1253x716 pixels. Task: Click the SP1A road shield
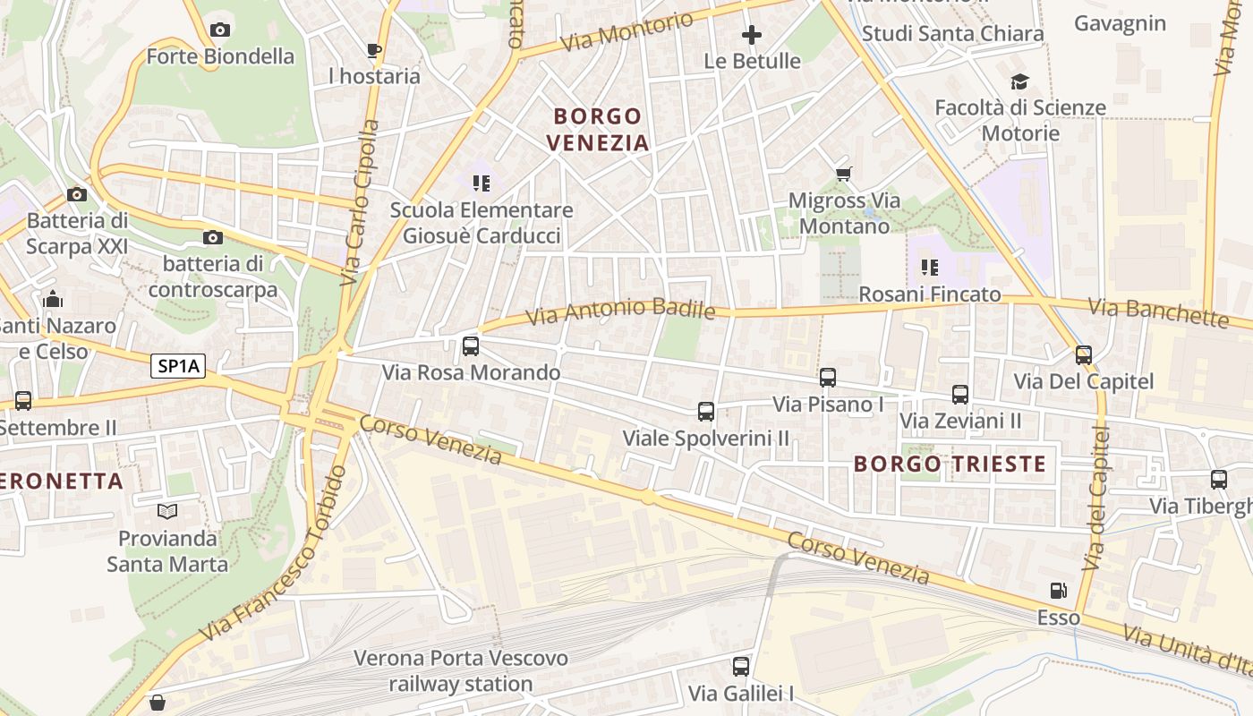178,365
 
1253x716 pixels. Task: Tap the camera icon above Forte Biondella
220,30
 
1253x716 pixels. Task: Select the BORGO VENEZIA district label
597,129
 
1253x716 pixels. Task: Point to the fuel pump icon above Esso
1058,591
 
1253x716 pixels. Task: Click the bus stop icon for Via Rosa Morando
471,345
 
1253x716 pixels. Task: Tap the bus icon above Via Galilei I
741,666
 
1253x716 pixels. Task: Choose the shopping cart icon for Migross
843,174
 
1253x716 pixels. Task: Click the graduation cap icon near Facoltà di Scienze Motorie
1019,82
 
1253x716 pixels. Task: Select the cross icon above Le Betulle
752,35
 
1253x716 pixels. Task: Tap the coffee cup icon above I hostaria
374,50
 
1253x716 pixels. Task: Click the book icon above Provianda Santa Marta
167,512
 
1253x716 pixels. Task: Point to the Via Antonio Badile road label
620,311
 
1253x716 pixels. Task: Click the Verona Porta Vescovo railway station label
461,671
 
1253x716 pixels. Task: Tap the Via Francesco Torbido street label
274,554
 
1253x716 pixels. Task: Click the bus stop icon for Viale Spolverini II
706,412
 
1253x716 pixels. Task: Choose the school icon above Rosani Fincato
930,267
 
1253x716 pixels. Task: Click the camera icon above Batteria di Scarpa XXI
77,194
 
